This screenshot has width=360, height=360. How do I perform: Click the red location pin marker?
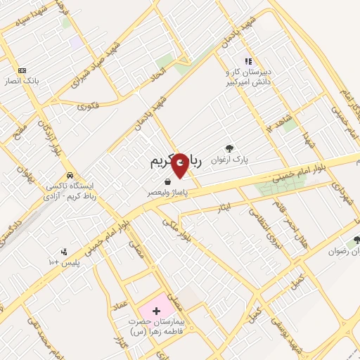181,165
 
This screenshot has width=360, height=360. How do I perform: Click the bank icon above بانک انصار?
22,70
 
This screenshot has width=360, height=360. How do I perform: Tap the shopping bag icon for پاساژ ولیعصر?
167,181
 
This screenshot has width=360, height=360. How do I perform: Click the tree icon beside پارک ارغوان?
229,148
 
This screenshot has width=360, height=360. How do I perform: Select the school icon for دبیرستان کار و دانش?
247,61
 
